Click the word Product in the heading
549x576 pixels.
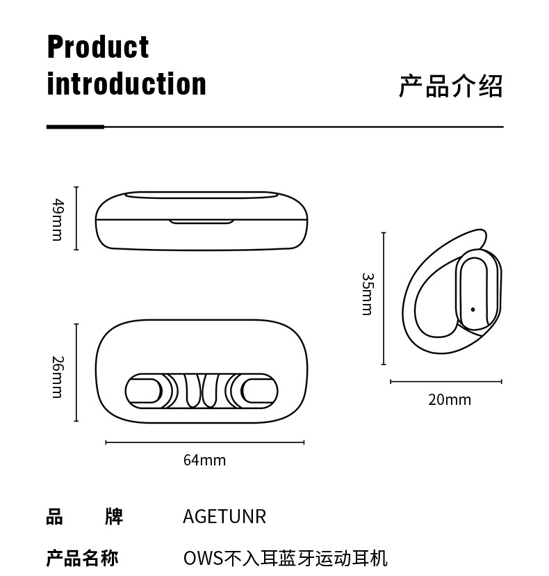click(x=98, y=47)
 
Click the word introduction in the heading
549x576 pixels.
click(x=126, y=84)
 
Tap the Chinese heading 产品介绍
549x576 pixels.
click(x=450, y=86)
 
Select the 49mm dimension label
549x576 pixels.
click(x=58, y=219)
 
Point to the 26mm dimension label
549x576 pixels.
click(x=58, y=377)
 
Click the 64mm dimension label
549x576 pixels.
click(x=204, y=460)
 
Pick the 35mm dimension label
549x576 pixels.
click(x=367, y=294)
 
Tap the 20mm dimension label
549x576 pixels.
click(x=449, y=399)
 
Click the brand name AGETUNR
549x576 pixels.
click(x=224, y=517)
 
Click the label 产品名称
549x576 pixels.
click(x=82, y=558)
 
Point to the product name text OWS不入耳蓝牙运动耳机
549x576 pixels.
click(x=285, y=558)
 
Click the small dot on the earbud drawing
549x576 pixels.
click(x=473, y=310)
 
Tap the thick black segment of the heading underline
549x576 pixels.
click(x=75, y=127)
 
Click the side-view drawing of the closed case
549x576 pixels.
click(x=202, y=220)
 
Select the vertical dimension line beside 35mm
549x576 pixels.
click(x=384, y=298)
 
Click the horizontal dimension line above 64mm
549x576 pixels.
click(x=204, y=442)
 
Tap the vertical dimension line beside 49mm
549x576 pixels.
click(x=76, y=218)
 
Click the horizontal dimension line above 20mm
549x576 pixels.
click(x=445, y=381)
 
